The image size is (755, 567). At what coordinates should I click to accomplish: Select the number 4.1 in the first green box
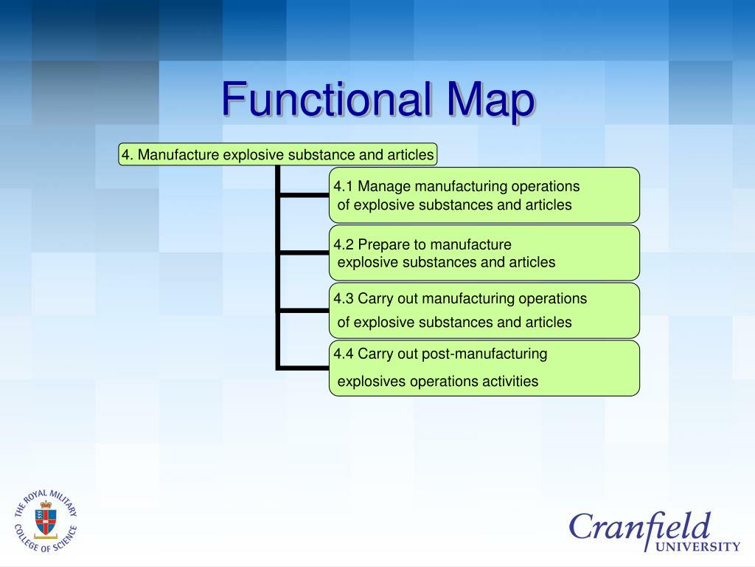(344, 185)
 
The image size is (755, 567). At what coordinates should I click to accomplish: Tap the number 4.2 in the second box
(344, 244)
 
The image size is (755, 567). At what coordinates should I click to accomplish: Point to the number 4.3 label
(344, 298)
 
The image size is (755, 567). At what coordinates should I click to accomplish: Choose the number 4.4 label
(344, 354)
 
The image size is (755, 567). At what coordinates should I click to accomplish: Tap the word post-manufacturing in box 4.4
(484, 354)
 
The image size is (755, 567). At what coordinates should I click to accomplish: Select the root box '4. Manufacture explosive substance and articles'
(278, 154)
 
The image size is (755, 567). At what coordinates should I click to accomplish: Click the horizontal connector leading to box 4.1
(304, 195)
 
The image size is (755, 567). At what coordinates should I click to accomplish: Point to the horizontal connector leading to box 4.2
(304, 252)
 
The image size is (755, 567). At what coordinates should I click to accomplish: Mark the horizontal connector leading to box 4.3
(304, 310)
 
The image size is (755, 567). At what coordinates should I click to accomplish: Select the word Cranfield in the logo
(639, 526)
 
